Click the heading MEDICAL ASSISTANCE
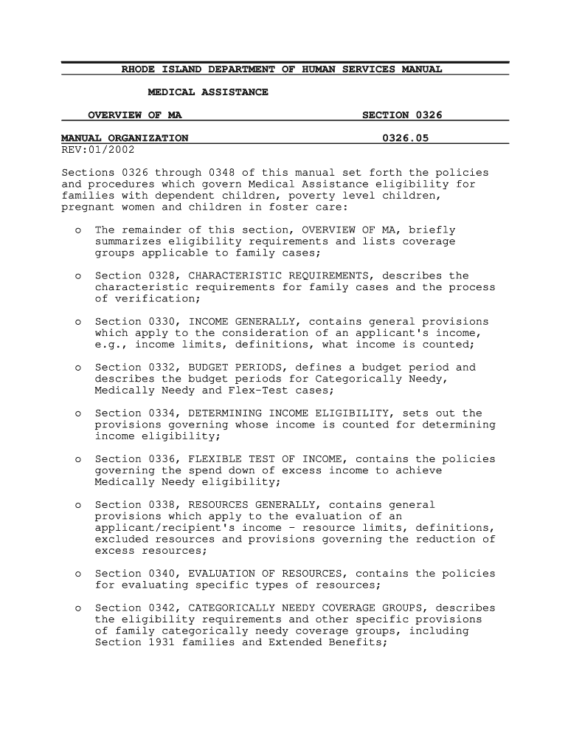click(x=208, y=92)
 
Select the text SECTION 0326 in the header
click(x=402, y=115)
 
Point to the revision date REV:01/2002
click(x=94, y=149)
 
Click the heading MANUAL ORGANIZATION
click(x=125, y=138)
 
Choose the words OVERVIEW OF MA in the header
click(x=135, y=115)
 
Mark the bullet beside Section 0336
click(x=78, y=459)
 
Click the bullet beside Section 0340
click(x=78, y=574)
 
